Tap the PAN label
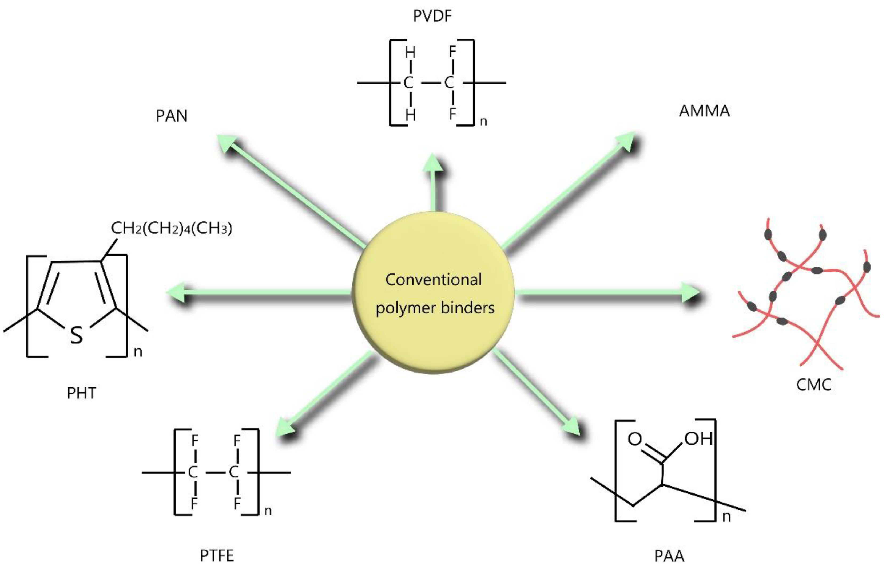(171, 116)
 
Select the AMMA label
(704, 111)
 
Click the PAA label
(669, 556)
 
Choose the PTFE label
(217, 556)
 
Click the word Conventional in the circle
(434, 280)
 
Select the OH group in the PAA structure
(698, 438)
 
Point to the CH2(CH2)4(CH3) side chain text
(172, 228)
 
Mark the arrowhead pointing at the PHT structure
(176, 292)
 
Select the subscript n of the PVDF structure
(483, 121)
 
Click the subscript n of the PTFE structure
(268, 511)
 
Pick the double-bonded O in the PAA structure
(635, 438)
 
